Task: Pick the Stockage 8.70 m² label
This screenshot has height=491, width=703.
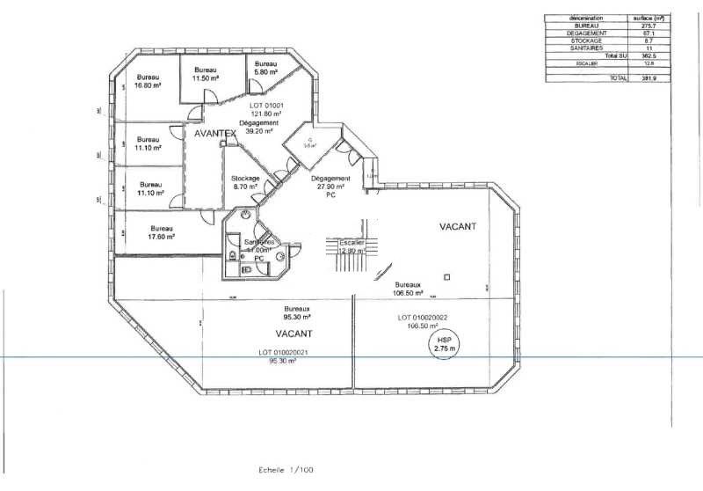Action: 245,182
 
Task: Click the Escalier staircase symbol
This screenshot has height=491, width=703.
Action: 351,245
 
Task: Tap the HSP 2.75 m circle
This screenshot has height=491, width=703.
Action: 441,343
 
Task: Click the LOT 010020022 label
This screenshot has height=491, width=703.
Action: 423,317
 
